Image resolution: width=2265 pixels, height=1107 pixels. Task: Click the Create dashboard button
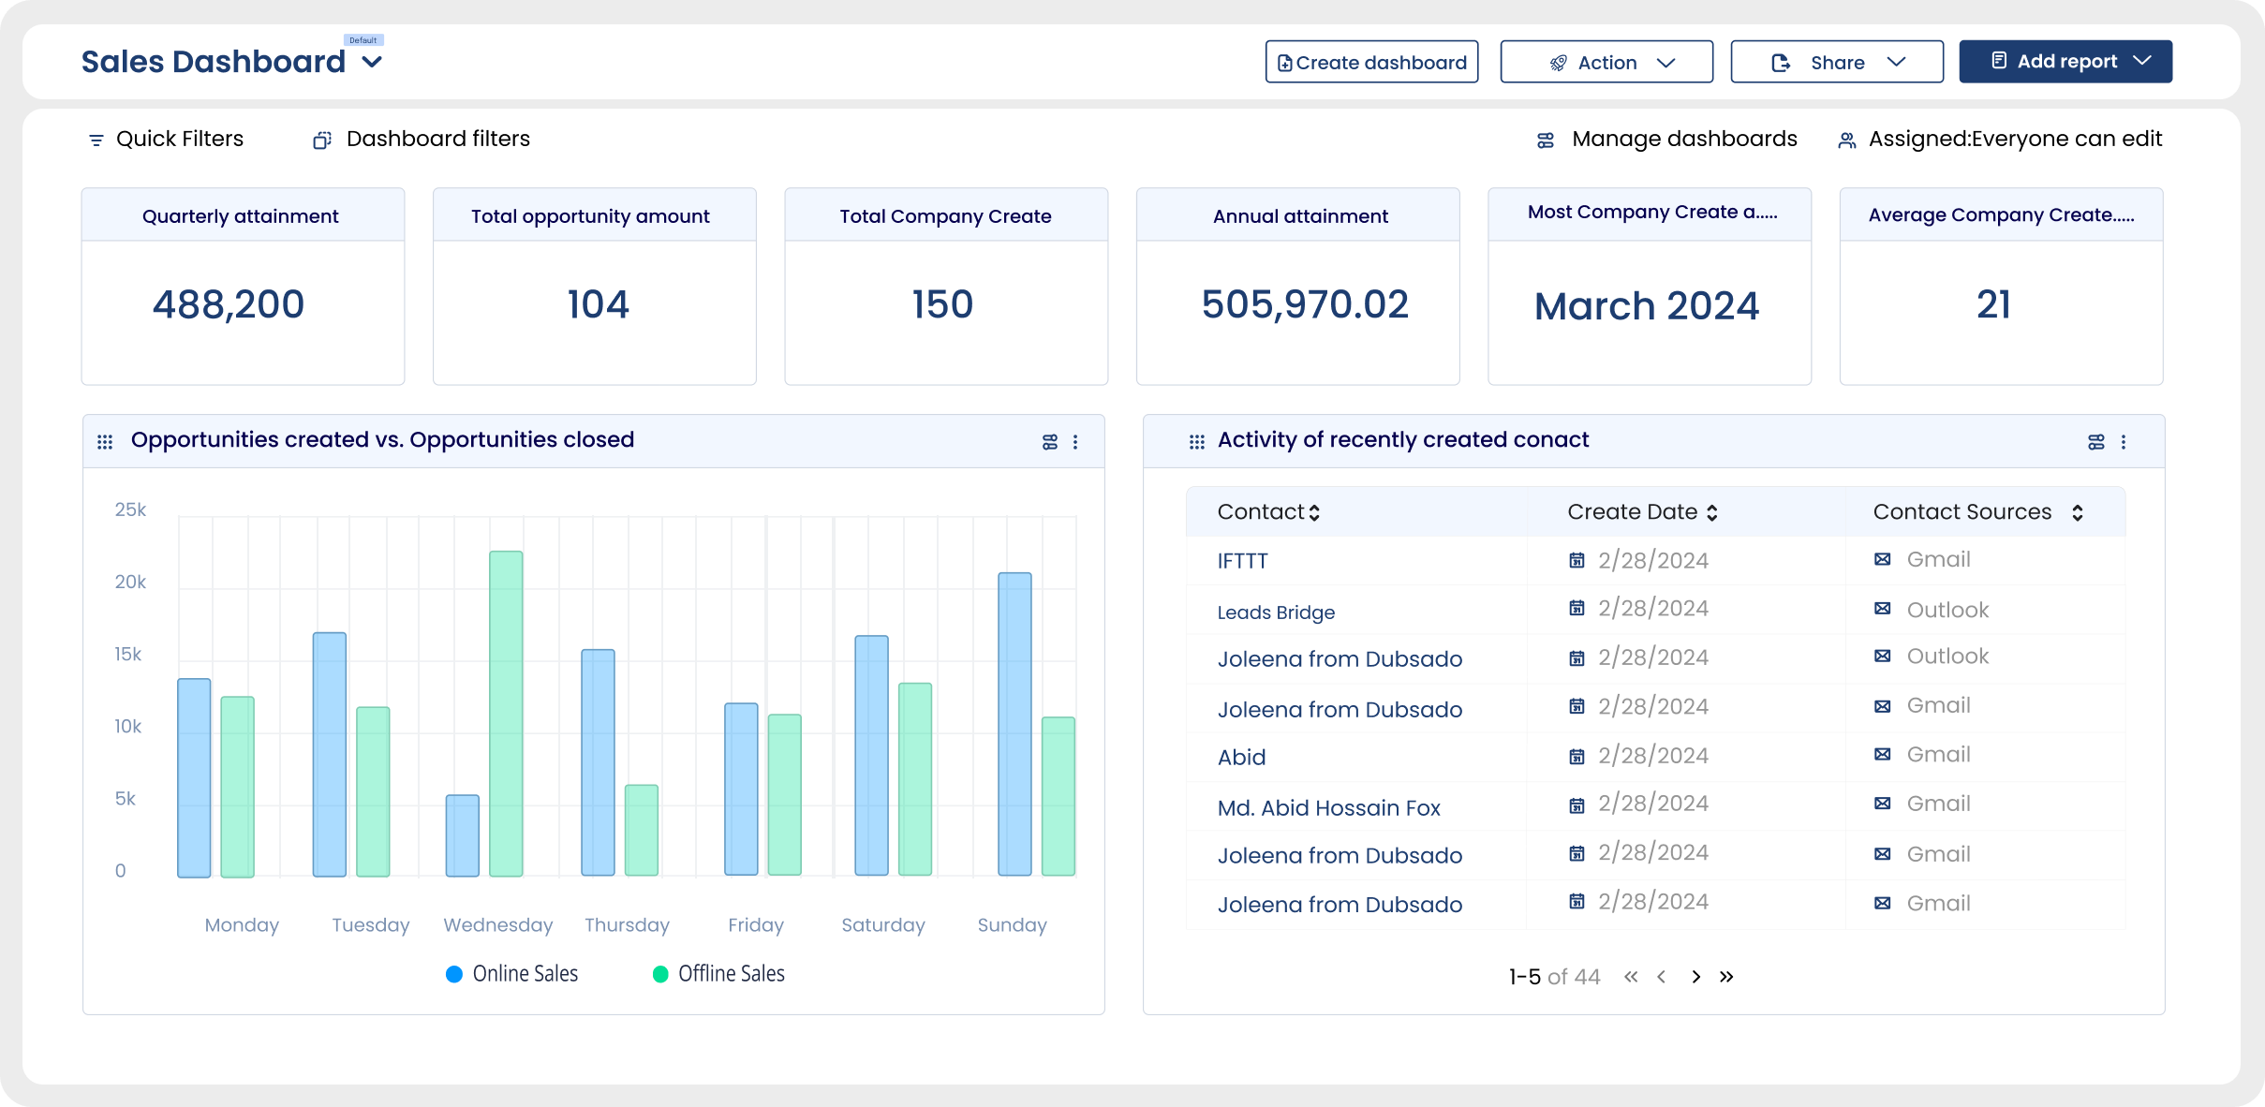pyautogui.click(x=1371, y=62)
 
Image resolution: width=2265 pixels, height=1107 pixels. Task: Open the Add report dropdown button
pyautogui.click(x=2065, y=62)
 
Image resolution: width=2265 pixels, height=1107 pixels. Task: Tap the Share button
pyautogui.click(x=1836, y=62)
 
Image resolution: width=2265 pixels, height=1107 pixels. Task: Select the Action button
pyautogui.click(x=1606, y=62)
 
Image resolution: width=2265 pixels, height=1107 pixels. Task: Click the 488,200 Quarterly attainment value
pyautogui.click(x=229, y=304)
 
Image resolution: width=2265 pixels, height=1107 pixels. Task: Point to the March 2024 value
pyautogui.click(x=1647, y=306)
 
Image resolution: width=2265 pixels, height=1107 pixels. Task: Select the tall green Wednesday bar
pyautogui.click(x=506, y=714)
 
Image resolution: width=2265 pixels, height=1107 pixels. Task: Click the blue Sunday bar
pyautogui.click(x=1014, y=724)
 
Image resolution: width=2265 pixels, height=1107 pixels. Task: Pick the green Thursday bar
pyautogui.click(x=642, y=830)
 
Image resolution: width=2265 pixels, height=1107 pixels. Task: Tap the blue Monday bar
pyautogui.click(x=194, y=777)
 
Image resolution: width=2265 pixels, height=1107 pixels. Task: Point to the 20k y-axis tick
pyautogui.click(x=130, y=582)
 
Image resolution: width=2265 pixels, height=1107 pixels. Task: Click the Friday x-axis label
pyautogui.click(x=756, y=925)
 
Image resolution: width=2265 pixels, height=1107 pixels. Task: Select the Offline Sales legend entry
pyautogui.click(x=718, y=974)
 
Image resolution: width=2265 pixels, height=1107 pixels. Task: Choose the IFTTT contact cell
pyautogui.click(x=1242, y=561)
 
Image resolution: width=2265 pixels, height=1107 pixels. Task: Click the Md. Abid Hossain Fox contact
pyautogui.click(x=1328, y=807)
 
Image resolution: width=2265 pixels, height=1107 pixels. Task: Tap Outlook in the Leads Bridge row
pyautogui.click(x=1947, y=610)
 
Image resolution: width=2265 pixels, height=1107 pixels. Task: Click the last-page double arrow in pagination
pyautogui.click(x=1726, y=977)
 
